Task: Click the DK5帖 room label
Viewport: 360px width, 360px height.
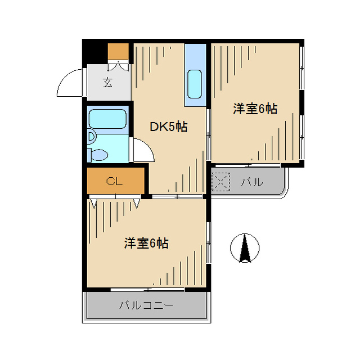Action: click(x=169, y=127)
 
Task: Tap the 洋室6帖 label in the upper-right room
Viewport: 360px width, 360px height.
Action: click(x=255, y=109)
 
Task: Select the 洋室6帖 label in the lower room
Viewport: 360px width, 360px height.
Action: click(x=146, y=244)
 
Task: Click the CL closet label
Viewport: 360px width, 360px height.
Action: click(x=114, y=181)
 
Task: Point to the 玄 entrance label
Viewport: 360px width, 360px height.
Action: click(x=107, y=83)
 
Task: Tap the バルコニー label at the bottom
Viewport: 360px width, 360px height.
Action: click(x=146, y=305)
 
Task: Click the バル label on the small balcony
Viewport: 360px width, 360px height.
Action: click(x=252, y=182)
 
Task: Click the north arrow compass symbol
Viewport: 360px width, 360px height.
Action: click(x=245, y=248)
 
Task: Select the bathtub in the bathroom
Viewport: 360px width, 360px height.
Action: click(x=107, y=119)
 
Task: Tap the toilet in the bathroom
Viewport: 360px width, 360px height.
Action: click(x=98, y=155)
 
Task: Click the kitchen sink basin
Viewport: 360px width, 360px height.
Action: click(x=195, y=84)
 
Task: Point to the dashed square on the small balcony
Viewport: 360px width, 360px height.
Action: click(x=220, y=182)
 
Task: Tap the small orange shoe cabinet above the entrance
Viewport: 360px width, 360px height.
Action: click(x=118, y=51)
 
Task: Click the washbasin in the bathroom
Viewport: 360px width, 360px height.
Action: click(x=91, y=137)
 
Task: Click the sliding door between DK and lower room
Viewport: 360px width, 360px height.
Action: click(x=177, y=196)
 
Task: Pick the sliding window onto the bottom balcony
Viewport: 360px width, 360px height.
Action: click(x=147, y=290)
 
